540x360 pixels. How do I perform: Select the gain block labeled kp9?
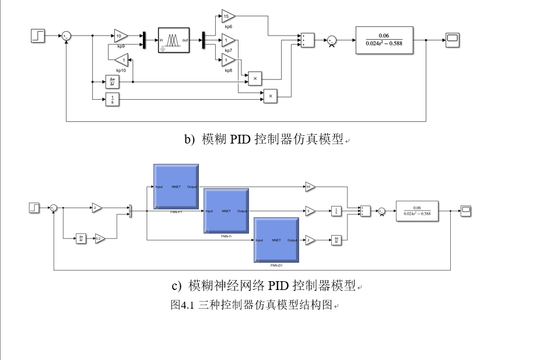click(121, 36)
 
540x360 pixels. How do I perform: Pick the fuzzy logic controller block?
click(174, 40)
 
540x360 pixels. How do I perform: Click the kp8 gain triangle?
click(228, 58)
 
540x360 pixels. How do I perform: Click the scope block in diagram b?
click(453, 39)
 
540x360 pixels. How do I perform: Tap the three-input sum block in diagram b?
click(307, 39)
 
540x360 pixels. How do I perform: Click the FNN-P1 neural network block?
click(176, 187)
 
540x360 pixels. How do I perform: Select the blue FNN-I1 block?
click(226, 211)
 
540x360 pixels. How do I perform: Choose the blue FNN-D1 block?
click(276, 240)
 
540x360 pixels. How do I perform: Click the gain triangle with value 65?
click(310, 187)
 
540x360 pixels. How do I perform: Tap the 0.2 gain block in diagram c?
click(100, 238)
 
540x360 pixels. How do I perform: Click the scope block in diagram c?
click(465, 211)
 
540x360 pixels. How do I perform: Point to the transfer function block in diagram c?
click(417, 211)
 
